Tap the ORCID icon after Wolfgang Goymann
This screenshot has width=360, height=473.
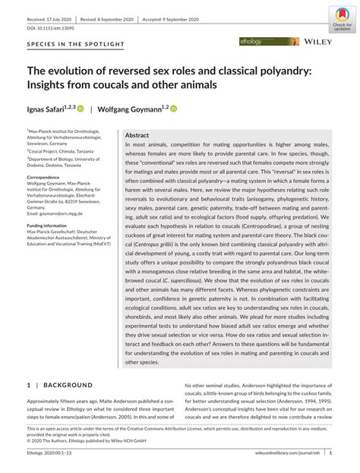point(173,109)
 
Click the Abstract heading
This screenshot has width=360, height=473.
point(137,134)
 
